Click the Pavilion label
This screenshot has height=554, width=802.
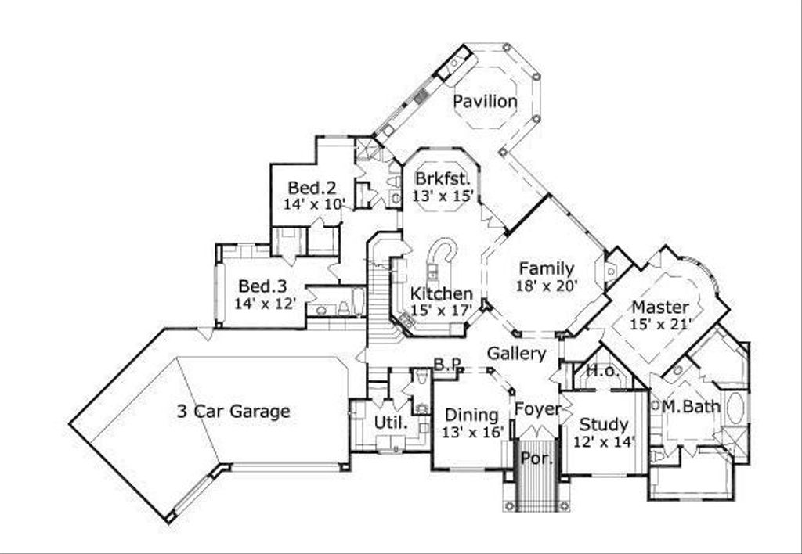[x=486, y=101]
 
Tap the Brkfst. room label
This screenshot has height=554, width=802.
[x=443, y=179]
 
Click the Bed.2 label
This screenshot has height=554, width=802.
[x=312, y=188]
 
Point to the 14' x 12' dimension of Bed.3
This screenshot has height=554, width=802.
[x=265, y=304]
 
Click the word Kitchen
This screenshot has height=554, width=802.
[x=442, y=294]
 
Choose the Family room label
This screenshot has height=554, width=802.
[x=547, y=268]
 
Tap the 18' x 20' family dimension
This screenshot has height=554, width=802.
[x=547, y=285]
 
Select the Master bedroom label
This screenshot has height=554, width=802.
[x=660, y=308]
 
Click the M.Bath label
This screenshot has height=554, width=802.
[x=691, y=407]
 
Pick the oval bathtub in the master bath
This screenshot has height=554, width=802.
[x=736, y=408]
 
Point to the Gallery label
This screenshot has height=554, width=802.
[x=517, y=353]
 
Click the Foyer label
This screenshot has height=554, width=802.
[x=537, y=409]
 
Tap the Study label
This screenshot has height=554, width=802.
[x=604, y=424]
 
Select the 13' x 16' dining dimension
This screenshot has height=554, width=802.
[x=473, y=433]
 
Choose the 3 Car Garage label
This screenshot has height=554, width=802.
[x=233, y=411]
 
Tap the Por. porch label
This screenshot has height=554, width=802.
[x=537, y=459]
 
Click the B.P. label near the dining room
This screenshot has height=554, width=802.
[x=448, y=364]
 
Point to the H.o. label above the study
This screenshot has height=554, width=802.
[x=602, y=371]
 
